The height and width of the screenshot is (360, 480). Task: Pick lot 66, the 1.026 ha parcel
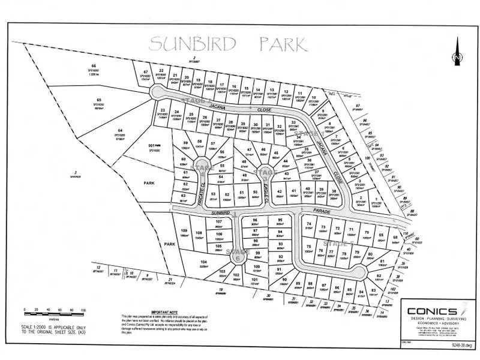click(94, 69)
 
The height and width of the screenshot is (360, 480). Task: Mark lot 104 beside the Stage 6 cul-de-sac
click(204, 265)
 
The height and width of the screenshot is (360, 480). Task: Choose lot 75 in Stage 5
click(308, 249)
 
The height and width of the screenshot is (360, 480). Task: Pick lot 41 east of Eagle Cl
click(294, 193)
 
